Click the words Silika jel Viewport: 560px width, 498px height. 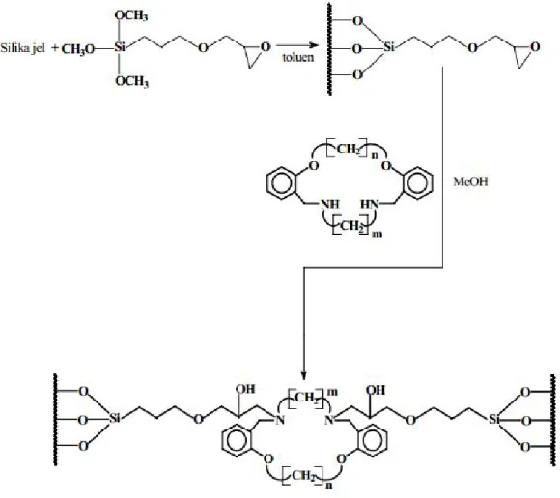(23, 48)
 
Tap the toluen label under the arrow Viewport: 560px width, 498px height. (298, 57)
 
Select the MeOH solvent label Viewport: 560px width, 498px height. (470, 181)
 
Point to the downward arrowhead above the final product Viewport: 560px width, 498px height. (303, 375)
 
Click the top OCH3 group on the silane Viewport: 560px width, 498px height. (131, 15)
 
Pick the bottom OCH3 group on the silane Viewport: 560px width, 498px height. (131, 81)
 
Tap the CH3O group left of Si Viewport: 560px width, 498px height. (78, 49)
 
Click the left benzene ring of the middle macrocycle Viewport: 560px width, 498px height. (281, 182)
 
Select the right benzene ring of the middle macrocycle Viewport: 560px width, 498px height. (418, 182)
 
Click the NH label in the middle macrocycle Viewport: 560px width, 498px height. (330, 205)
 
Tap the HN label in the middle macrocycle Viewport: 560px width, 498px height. (369, 205)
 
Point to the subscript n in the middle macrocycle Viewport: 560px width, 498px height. (375, 156)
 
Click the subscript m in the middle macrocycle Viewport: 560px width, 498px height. (378, 235)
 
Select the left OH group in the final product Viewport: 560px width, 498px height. (245, 389)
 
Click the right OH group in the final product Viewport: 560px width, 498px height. (376, 390)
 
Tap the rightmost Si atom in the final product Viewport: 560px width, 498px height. (494, 419)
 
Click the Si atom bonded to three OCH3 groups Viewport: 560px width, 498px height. (120, 47)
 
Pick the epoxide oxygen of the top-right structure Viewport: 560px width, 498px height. (535, 47)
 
